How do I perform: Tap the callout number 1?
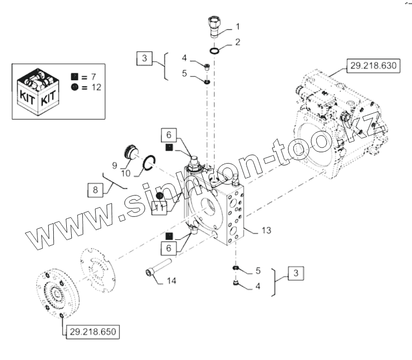click(238, 26)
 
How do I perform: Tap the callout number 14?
click(171, 281)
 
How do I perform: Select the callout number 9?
click(115, 164)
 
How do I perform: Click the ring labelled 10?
click(149, 163)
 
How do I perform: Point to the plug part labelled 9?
click(132, 150)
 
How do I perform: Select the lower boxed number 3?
click(296, 273)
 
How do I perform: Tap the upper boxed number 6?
click(169, 135)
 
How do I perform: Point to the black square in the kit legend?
click(74, 77)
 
